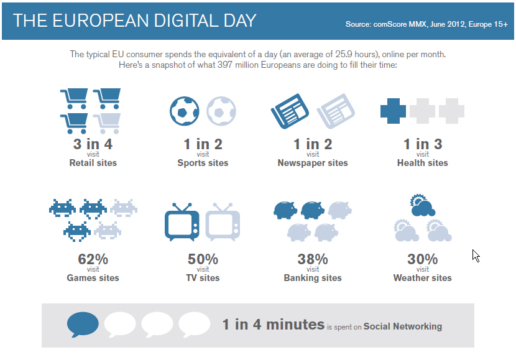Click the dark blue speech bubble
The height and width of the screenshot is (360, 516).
[83, 324]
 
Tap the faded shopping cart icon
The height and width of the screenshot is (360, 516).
[107, 123]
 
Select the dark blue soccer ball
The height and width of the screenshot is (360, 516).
[184, 111]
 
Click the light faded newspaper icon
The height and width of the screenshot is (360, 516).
[336, 111]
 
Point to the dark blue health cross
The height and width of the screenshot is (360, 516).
[393, 111]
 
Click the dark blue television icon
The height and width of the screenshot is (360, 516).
[182, 222]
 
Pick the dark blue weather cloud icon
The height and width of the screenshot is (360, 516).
[423, 205]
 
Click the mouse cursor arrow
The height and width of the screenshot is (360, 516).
[476, 256]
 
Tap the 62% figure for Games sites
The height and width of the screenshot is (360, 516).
[93, 259]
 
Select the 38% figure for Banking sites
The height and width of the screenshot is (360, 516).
[313, 259]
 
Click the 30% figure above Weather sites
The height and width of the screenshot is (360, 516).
[423, 259]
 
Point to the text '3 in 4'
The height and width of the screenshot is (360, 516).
[93, 144]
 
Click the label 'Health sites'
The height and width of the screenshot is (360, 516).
[423, 163]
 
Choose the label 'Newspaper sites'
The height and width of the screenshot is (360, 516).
[313, 163]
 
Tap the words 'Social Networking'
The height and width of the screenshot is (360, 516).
[403, 326]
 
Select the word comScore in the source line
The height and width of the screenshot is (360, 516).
[390, 24]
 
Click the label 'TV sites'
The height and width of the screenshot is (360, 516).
[203, 278]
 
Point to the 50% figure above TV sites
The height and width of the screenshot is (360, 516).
[203, 259]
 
